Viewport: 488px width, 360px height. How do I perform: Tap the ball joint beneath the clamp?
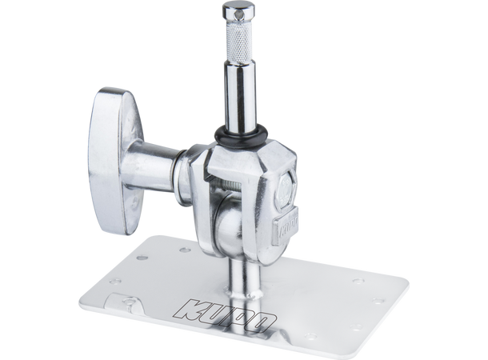[x=223, y=223]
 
